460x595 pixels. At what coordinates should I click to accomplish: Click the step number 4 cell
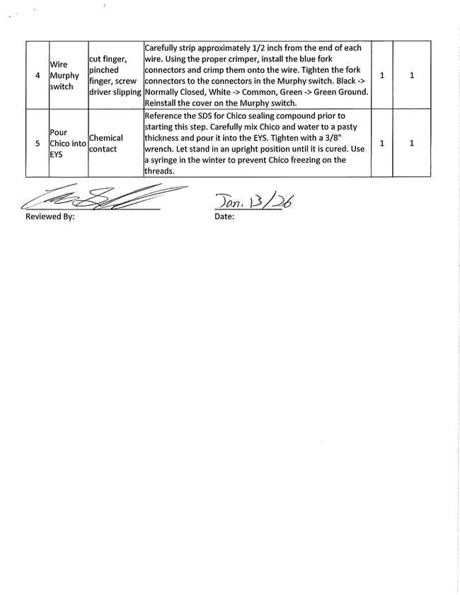pos(38,75)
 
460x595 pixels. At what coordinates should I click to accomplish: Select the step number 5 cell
pos(38,143)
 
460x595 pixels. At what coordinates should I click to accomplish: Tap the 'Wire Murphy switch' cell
pos(67,75)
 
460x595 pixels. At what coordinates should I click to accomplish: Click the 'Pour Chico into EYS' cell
pos(67,143)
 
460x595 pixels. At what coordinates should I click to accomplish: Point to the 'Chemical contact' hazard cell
pos(106,143)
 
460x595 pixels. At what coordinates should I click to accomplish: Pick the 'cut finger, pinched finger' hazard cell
pos(115,75)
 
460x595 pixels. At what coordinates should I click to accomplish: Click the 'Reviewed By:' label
pos(50,217)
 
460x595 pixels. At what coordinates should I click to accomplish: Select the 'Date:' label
pos(224,217)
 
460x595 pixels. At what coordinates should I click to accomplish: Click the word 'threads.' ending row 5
pos(159,171)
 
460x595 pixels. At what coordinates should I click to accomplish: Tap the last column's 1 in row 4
pos(411,75)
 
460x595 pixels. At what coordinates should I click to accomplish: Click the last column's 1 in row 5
pos(411,143)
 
